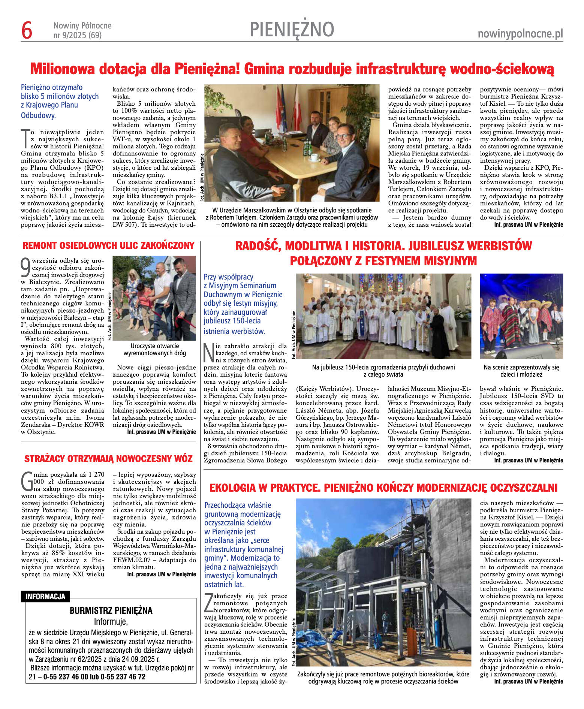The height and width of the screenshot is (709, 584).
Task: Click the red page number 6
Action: pyautogui.click(x=27, y=30)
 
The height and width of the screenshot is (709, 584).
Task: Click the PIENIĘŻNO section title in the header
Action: pyautogui.click(x=292, y=29)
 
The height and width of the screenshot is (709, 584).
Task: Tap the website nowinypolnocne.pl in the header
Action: pyautogui.click(x=520, y=34)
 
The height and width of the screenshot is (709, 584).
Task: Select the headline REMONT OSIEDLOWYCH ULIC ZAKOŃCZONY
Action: pyautogui.click(x=108, y=246)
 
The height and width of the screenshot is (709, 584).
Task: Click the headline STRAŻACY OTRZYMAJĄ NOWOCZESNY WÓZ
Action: pyautogui.click(x=108, y=459)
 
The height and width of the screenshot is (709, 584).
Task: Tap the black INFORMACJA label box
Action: pyautogui.click(x=45, y=597)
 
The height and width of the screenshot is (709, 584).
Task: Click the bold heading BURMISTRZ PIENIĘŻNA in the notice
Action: pyautogui.click(x=111, y=611)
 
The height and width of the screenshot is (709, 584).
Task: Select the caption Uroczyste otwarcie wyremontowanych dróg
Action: pyautogui.click(x=154, y=349)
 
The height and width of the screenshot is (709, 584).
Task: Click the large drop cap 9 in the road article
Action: pyautogui.click(x=26, y=267)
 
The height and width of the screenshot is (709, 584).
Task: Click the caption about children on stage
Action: pyautogui.click(x=521, y=371)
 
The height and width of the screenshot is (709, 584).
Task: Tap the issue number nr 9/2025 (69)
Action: pyautogui.click(x=78, y=36)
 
